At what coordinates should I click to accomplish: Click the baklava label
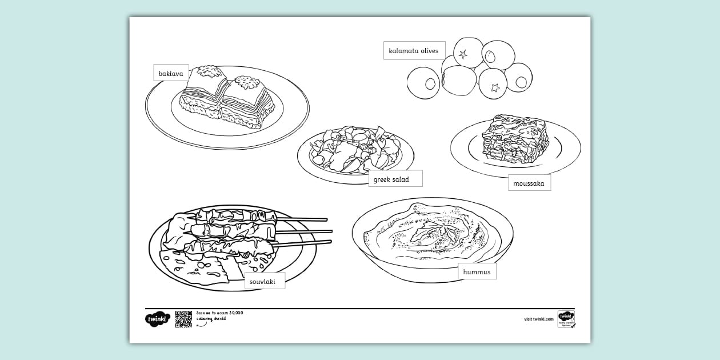pos(171,73)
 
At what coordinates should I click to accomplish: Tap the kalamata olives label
pos(414,51)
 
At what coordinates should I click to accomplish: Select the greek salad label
pos(395,179)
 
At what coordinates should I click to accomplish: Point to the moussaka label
pos(529,183)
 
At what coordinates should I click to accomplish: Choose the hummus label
pos(477,272)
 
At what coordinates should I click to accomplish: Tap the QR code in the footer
pos(183,319)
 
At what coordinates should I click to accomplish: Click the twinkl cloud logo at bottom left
pos(157,319)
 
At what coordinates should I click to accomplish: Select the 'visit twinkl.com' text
pos(539,319)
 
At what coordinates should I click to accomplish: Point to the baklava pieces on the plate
pos(227,97)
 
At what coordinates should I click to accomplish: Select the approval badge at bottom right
pos(566,319)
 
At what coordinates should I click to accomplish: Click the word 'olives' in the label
pos(429,51)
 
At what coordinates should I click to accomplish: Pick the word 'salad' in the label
pos(400,179)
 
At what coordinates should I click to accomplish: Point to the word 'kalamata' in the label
pos(403,51)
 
